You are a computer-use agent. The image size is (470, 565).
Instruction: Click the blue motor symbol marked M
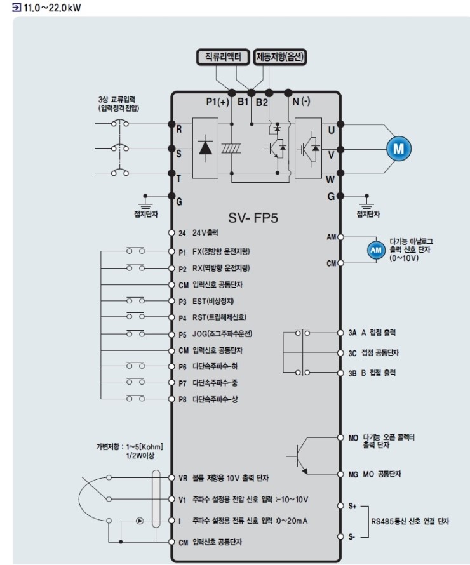tap(399, 149)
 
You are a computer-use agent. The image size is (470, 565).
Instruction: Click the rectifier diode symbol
tap(205, 147)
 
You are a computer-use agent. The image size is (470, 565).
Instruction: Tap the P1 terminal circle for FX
tap(171, 251)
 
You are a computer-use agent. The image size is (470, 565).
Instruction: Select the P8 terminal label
tap(182, 399)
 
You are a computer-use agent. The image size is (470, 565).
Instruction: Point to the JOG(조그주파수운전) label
tap(224, 333)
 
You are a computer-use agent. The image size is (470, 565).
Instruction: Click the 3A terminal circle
tap(340, 332)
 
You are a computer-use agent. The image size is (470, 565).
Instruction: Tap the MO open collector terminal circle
tap(340, 437)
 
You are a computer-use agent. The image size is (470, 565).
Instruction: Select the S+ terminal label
tap(352, 506)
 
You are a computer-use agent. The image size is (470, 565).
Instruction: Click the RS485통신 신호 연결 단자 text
tap(410, 521)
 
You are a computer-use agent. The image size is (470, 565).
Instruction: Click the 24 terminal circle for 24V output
tap(171, 233)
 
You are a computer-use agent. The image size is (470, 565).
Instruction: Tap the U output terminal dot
tap(340, 124)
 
